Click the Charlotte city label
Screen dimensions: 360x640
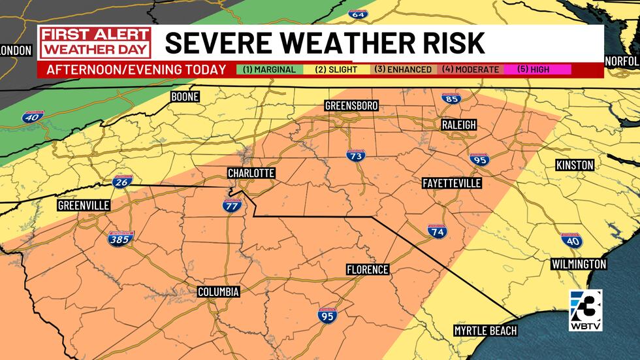point(251,173)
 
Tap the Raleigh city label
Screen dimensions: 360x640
point(458,125)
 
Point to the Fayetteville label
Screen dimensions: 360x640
point(452,184)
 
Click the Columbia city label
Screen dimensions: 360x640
point(219,291)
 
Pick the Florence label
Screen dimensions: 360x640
point(367,269)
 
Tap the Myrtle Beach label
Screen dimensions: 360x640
point(485,331)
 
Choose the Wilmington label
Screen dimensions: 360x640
point(579,264)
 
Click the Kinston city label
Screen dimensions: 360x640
point(575,165)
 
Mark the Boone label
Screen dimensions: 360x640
point(184,97)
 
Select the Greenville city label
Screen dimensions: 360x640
point(84,205)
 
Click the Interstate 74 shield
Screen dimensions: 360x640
point(438,232)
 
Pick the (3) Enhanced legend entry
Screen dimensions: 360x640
point(402,69)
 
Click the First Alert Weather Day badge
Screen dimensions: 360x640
point(95,43)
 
